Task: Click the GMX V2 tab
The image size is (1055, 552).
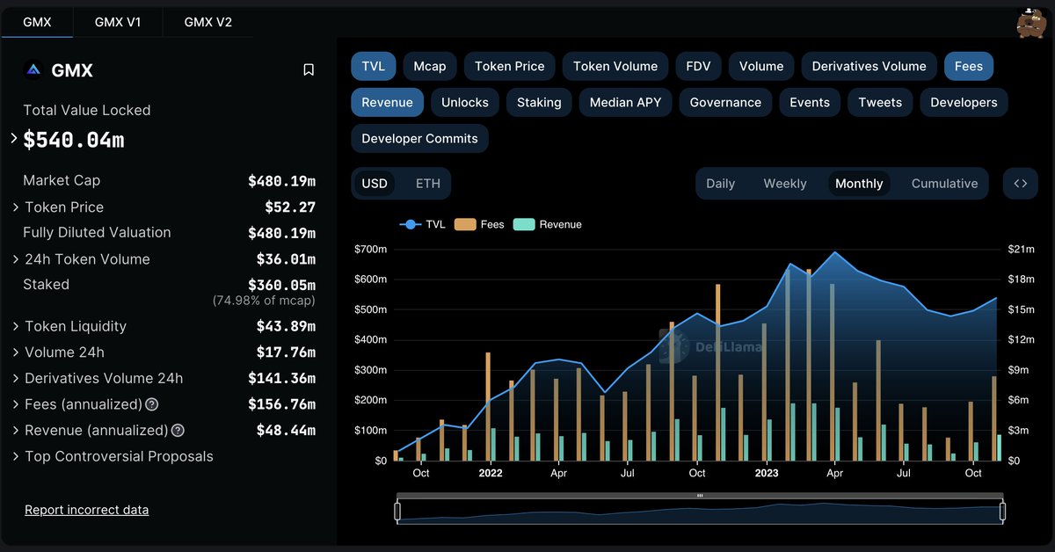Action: pos(208,22)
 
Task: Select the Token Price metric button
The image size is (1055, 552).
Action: pos(510,66)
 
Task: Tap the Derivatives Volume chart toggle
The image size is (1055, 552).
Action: pos(869,66)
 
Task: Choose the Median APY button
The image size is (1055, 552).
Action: pos(625,102)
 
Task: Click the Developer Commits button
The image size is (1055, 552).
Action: pos(419,138)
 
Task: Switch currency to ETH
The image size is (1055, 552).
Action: pos(428,183)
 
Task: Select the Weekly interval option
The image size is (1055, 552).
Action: pos(784,183)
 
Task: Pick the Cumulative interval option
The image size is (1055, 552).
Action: pos(944,183)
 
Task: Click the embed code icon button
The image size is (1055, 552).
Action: pos(1020,183)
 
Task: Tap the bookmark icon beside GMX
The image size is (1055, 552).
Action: pos(309,69)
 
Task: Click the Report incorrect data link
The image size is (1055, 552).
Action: pos(86,510)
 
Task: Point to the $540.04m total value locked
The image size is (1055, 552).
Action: pos(74,139)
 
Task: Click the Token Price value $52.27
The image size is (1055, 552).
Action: pos(290,207)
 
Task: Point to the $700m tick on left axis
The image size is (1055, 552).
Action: pos(370,250)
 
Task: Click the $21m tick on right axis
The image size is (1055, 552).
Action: pos(1021,250)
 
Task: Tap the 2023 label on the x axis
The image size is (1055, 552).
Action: pos(767,473)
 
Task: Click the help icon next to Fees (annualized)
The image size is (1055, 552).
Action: pos(152,405)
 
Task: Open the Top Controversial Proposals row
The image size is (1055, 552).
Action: pos(119,456)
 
